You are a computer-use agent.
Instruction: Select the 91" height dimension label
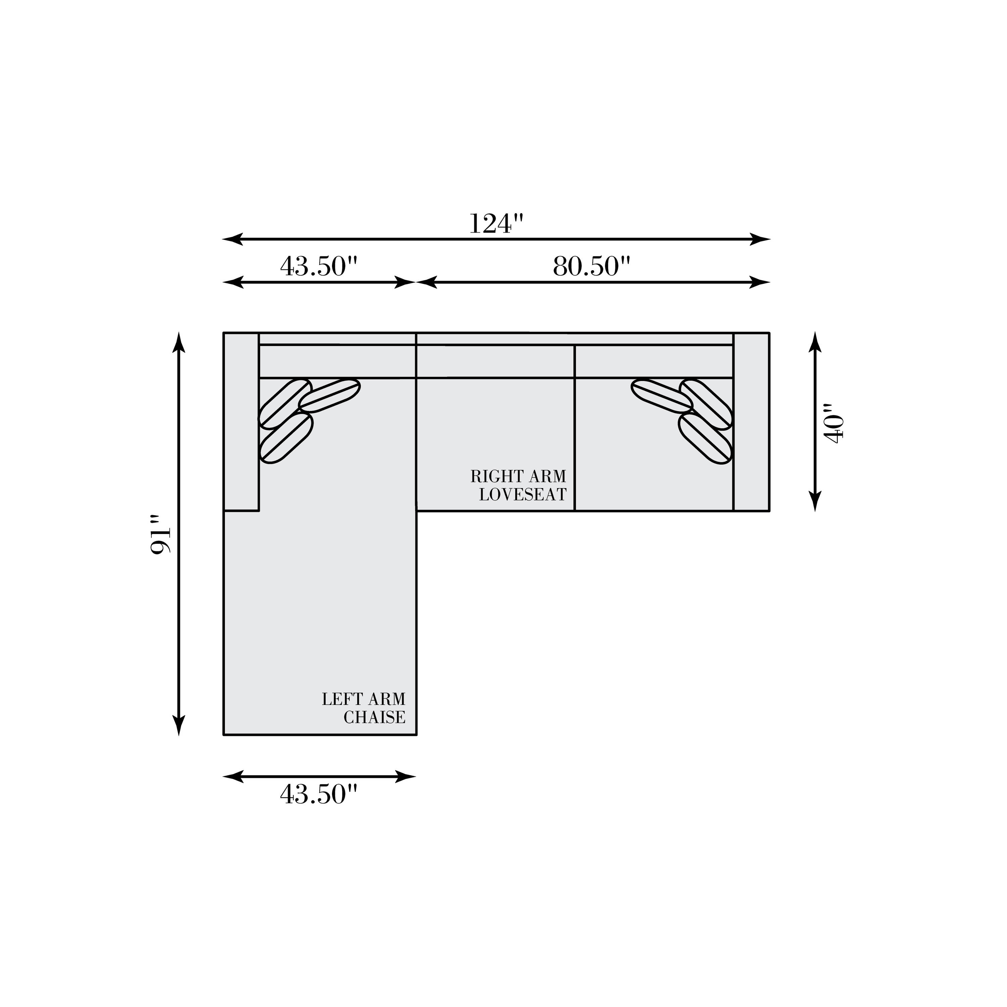(x=161, y=535)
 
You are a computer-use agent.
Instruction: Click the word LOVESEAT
(x=523, y=495)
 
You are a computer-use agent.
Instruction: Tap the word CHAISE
(x=374, y=717)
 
